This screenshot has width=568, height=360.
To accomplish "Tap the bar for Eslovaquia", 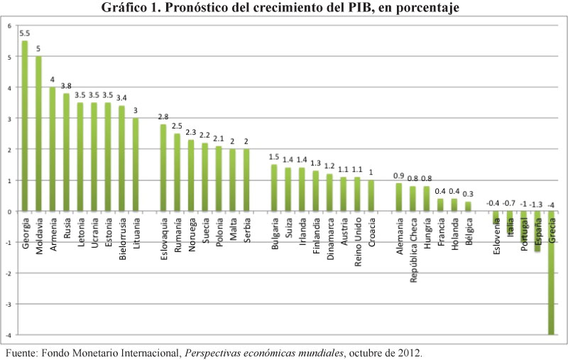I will (x=163, y=168).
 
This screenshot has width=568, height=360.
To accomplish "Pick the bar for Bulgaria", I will (x=274, y=187).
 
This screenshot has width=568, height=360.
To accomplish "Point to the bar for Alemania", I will (x=399, y=197).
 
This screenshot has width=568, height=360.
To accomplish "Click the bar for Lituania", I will (x=136, y=165).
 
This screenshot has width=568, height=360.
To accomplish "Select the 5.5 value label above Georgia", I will (x=25, y=33).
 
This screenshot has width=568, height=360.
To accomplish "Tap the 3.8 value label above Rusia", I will (x=66, y=86).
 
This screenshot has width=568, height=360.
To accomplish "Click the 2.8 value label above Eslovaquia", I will (x=163, y=117).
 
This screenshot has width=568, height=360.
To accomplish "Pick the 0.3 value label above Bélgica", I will (x=468, y=195).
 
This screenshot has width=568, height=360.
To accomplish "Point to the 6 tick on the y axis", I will (x=9, y=26).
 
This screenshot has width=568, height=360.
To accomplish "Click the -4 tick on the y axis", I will (x=9, y=334).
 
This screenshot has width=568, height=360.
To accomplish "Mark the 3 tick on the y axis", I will (x=9, y=119).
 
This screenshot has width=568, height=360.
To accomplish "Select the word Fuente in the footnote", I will (x=21, y=351).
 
